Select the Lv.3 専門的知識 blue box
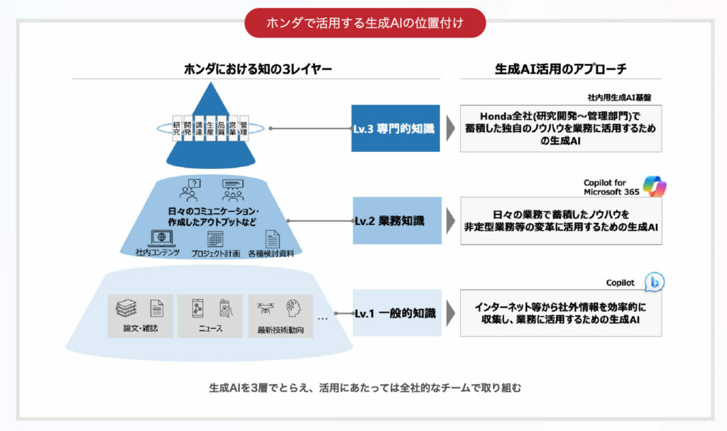pos(395,129)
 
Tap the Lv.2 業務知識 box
pos(395,221)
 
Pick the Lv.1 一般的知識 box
pos(395,312)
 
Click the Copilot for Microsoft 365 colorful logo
pos(655,186)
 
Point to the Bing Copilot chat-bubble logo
pos(654,282)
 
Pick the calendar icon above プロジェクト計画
pos(215,239)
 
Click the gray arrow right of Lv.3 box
pos(450,129)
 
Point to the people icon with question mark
pos(190,190)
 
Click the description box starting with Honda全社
pos(561,129)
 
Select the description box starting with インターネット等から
pos(561,313)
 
